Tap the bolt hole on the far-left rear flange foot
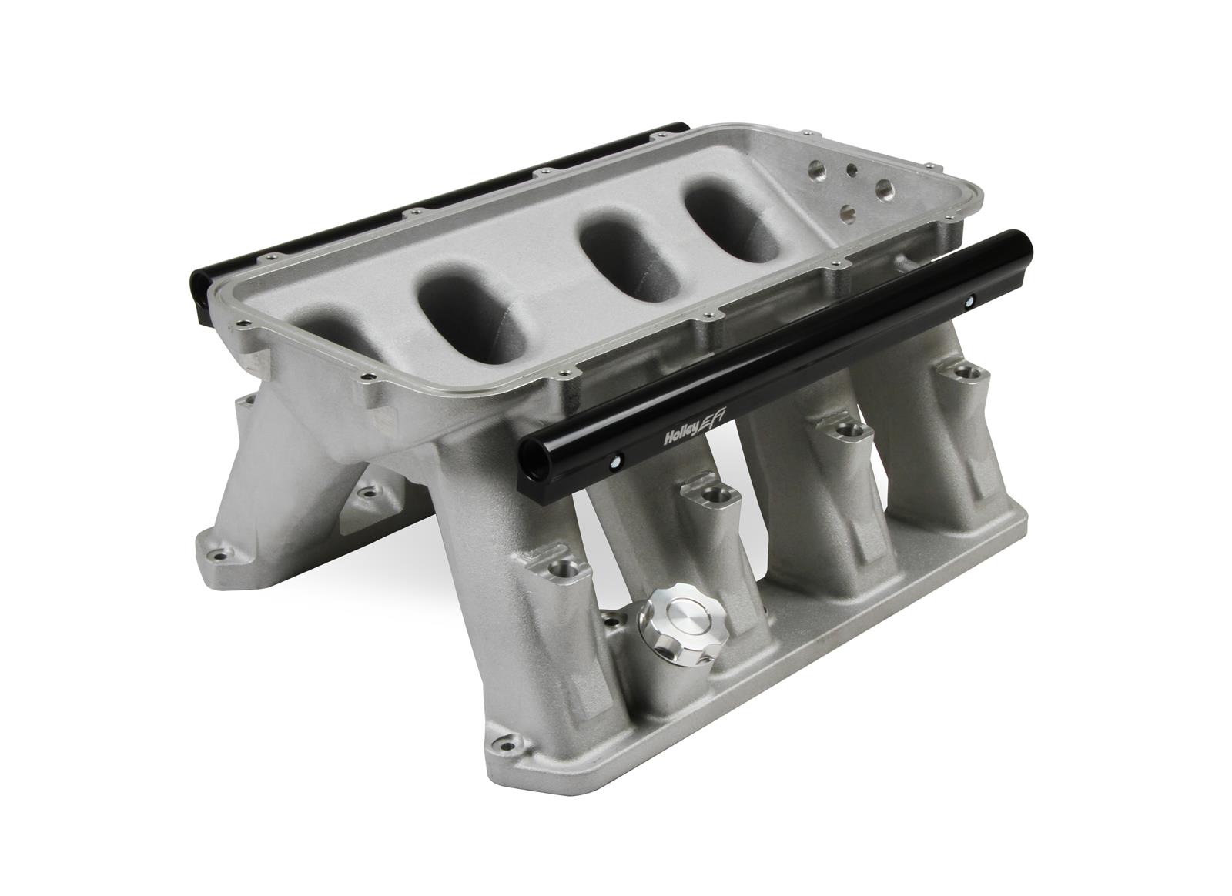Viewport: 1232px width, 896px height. pyautogui.click(x=219, y=553)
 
